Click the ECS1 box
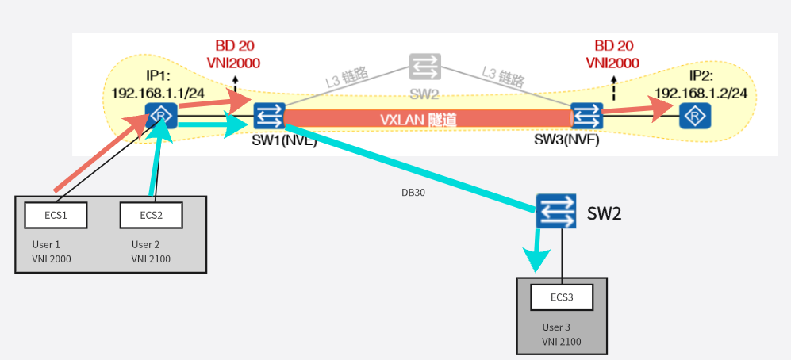(x=56, y=214)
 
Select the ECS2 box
(x=151, y=214)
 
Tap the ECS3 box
(x=562, y=298)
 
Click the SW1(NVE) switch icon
(x=269, y=117)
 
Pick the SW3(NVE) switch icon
(x=586, y=117)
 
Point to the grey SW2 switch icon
(x=424, y=67)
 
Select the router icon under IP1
(x=160, y=117)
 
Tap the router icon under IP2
(x=695, y=117)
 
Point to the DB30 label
(x=413, y=192)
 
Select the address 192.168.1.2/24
(x=701, y=92)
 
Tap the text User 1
(x=46, y=245)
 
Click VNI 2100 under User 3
(x=562, y=342)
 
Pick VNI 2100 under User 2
(x=151, y=259)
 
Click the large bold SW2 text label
(x=605, y=213)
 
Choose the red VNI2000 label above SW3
(x=613, y=62)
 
